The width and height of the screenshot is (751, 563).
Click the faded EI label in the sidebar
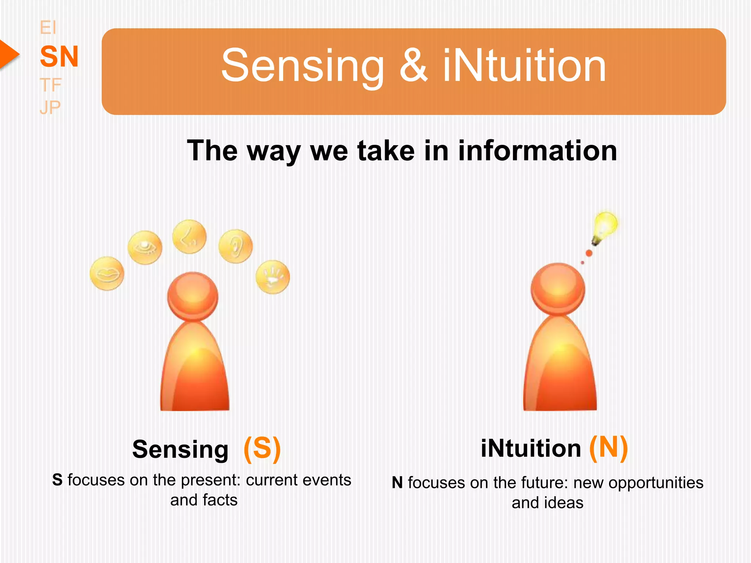48,28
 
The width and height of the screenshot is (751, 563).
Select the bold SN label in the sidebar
59,56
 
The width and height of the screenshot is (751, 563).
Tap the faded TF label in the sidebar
50,85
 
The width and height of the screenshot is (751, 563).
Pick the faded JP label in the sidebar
50,107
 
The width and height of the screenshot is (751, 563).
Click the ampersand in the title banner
413,66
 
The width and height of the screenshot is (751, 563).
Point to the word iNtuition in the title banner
524,66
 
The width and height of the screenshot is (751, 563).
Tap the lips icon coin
107,273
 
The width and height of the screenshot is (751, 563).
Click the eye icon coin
145,247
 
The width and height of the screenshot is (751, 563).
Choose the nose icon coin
189,237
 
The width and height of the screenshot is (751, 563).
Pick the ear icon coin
235,246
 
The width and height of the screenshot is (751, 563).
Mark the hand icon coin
272,277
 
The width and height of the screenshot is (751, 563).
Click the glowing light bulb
605,226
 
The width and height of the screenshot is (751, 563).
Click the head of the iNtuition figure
558,288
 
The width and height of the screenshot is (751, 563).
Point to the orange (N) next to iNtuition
608,448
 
